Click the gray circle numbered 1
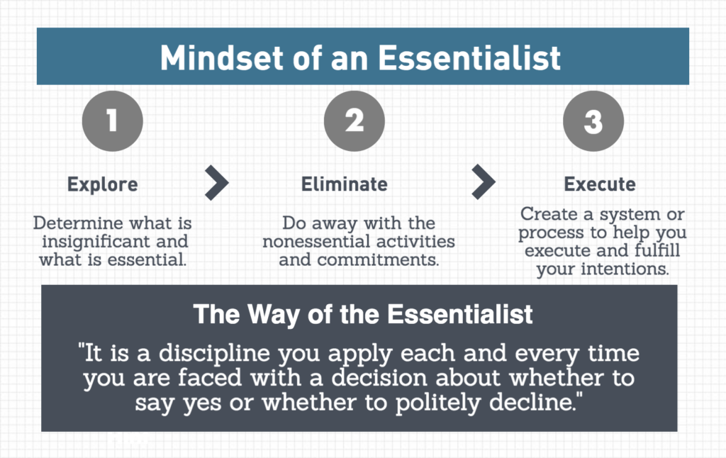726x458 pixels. [113, 121]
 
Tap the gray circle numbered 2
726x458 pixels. [354, 121]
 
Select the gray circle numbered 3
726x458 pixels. [593, 121]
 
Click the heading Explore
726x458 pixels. [103, 184]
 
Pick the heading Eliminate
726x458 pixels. [345, 184]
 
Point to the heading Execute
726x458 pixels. [600, 184]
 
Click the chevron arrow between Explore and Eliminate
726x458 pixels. [217, 182]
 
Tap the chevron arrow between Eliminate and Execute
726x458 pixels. [484, 181]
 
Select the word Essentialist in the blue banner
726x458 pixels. [469, 58]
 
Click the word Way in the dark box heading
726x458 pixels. [274, 315]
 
